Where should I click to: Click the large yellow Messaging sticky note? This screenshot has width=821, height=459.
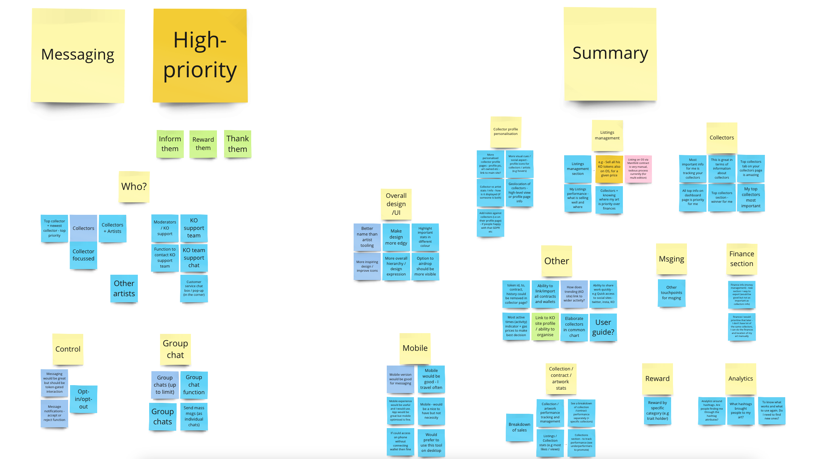pyautogui.click(x=78, y=55)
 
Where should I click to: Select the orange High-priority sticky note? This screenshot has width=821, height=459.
pyautogui.click(x=200, y=55)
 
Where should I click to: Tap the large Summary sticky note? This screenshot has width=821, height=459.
pyautogui.click(x=610, y=54)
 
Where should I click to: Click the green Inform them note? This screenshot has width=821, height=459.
pyautogui.click(x=170, y=144)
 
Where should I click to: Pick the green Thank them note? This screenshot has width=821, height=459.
pyautogui.click(x=238, y=144)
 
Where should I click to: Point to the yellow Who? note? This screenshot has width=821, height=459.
pyautogui.click(x=134, y=187)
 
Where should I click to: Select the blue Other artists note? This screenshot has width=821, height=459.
pyautogui.click(x=124, y=288)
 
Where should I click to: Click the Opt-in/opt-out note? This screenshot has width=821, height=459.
pyautogui.click(x=83, y=399)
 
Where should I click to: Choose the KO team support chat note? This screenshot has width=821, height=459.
pyautogui.click(x=194, y=258)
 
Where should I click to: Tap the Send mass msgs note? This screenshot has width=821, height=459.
pyautogui.click(x=194, y=416)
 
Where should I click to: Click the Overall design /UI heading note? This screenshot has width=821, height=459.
pyautogui.click(x=396, y=204)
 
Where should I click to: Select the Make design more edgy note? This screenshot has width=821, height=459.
pyautogui.click(x=396, y=237)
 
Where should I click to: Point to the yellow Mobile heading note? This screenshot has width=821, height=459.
pyautogui.click(x=415, y=348)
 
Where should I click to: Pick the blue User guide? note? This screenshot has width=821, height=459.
pyautogui.click(x=603, y=327)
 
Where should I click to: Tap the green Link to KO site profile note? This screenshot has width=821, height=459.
pyautogui.click(x=545, y=326)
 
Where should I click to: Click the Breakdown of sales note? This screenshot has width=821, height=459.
pyautogui.click(x=519, y=427)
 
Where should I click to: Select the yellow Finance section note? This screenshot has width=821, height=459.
pyautogui.click(x=742, y=259)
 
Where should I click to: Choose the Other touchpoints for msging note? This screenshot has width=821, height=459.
pyautogui.click(x=671, y=292)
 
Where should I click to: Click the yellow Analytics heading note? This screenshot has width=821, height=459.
pyautogui.click(x=740, y=378)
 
